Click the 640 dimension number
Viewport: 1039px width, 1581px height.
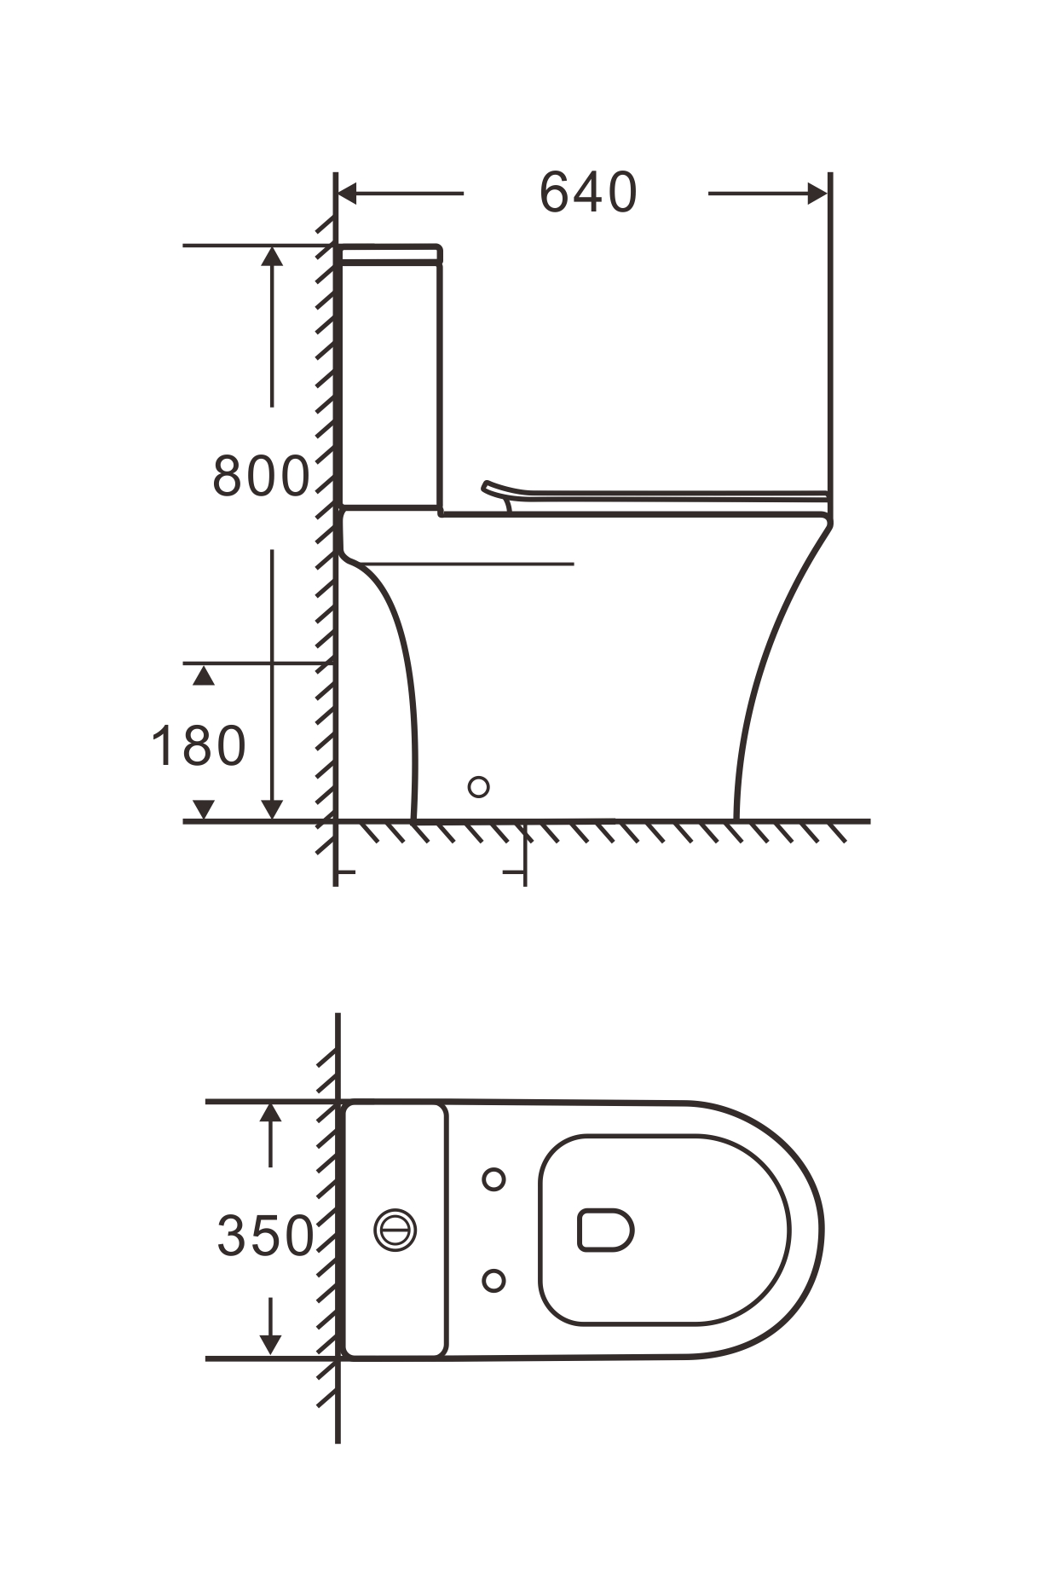[x=588, y=193]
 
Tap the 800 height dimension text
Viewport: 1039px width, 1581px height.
[x=261, y=476]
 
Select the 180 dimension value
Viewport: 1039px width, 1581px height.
[x=199, y=745]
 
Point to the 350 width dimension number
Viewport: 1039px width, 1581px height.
[x=266, y=1236]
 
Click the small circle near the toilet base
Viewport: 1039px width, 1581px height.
[x=479, y=786]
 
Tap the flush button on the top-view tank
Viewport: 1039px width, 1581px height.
[x=395, y=1230]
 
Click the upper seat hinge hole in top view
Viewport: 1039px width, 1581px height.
[x=494, y=1179]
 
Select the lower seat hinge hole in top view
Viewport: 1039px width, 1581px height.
[x=494, y=1280]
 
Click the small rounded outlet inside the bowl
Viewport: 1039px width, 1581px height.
[x=605, y=1230]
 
